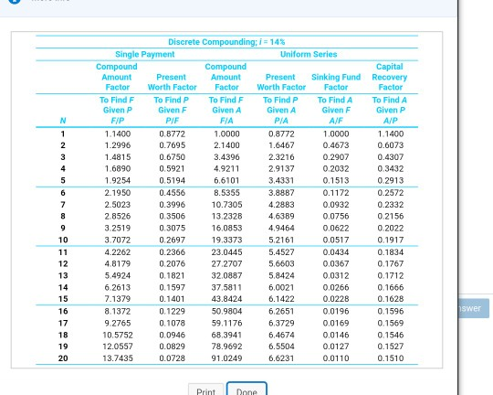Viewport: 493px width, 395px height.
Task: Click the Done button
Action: coord(246,390)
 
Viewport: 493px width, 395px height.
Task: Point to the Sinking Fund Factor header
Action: coord(336,82)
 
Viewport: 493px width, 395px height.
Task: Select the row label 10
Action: coord(63,240)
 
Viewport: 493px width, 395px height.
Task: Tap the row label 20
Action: coord(63,358)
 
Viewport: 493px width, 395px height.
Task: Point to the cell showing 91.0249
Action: coord(226,358)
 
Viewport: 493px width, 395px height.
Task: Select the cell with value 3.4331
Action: coord(280,180)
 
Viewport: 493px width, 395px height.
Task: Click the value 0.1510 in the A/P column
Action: coord(390,358)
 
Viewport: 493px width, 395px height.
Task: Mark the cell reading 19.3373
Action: coord(226,240)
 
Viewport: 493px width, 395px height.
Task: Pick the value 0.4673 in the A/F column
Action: coord(336,144)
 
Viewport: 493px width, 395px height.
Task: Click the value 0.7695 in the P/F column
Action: coord(172,144)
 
